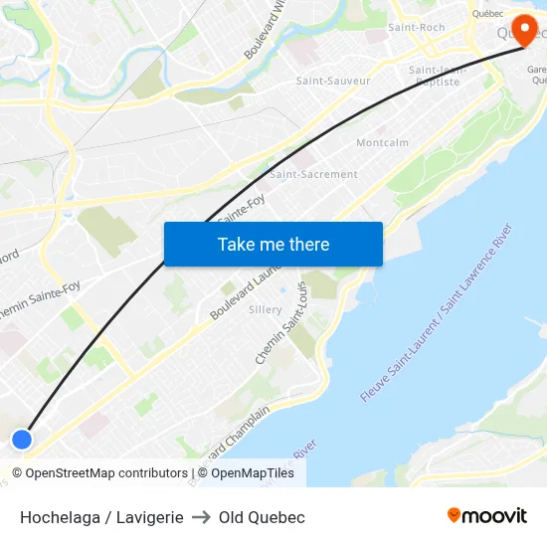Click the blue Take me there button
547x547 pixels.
(273, 244)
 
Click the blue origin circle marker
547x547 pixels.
(22, 439)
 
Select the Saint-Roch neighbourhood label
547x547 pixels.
(417, 28)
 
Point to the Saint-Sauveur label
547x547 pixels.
(333, 81)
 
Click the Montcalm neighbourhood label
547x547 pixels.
(382, 143)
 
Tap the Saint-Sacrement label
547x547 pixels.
(313, 174)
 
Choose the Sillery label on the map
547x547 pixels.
(266, 310)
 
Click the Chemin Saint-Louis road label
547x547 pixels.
(282, 322)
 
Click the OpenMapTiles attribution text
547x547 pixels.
(253, 473)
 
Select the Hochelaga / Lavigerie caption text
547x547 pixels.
(101, 517)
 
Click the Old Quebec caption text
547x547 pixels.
(262, 517)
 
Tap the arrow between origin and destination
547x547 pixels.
(201, 517)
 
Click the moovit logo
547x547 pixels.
(486, 515)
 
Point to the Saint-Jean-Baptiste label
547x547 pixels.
(436, 76)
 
